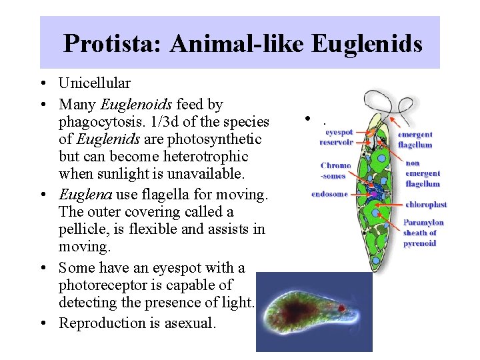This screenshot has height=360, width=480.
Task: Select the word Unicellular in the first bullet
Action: pos(94,83)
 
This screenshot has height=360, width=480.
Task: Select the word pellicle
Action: pos(81,229)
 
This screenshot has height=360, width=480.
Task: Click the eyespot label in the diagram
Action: pos(339,132)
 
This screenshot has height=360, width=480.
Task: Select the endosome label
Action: pos(329,195)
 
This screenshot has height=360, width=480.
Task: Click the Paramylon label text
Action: pos(423,223)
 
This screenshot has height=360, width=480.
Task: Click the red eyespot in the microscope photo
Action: pos(342,309)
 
